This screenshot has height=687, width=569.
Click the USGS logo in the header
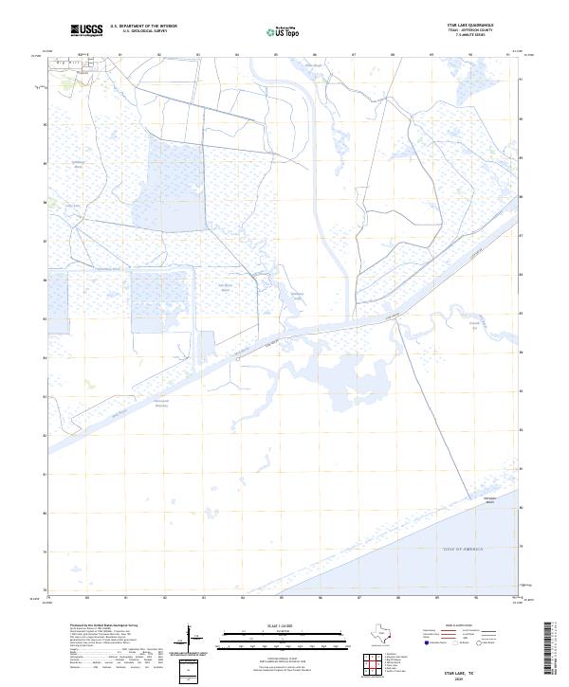87,30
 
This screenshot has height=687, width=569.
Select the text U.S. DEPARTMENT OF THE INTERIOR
143,27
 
